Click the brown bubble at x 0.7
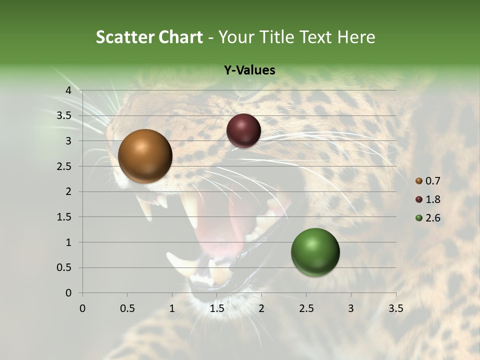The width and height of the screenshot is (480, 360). point(145,156)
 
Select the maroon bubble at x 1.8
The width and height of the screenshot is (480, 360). point(243,131)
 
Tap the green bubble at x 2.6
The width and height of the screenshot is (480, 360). point(315,252)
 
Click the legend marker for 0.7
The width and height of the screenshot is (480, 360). point(419,181)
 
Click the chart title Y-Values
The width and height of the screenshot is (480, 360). point(249,70)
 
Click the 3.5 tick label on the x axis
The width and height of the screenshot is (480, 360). point(396,308)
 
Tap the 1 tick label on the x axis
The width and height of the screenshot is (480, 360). point(172,308)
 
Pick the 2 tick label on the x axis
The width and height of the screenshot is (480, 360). point(261,308)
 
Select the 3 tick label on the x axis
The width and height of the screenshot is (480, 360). point(351,308)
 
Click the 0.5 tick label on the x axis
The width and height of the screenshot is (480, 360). point(127,308)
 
